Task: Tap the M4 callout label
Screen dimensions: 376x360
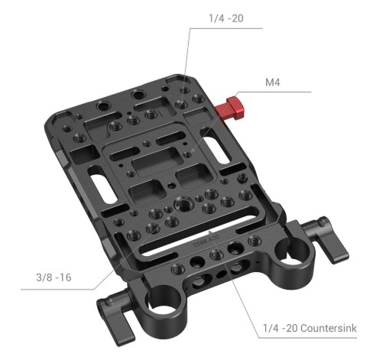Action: pyautogui.click(x=272, y=83)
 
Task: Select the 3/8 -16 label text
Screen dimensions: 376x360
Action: pyautogui.click(x=53, y=277)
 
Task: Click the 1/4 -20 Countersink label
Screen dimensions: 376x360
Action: pyautogui.click(x=310, y=328)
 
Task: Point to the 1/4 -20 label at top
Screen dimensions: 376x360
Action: pyautogui.click(x=226, y=18)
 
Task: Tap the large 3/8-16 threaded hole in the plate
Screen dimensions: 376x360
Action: pyautogui.click(x=183, y=204)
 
